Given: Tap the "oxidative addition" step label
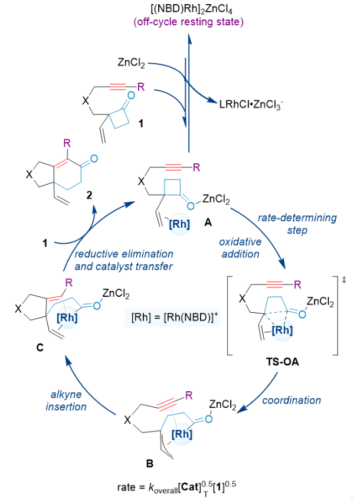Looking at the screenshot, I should [x=244, y=248].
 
